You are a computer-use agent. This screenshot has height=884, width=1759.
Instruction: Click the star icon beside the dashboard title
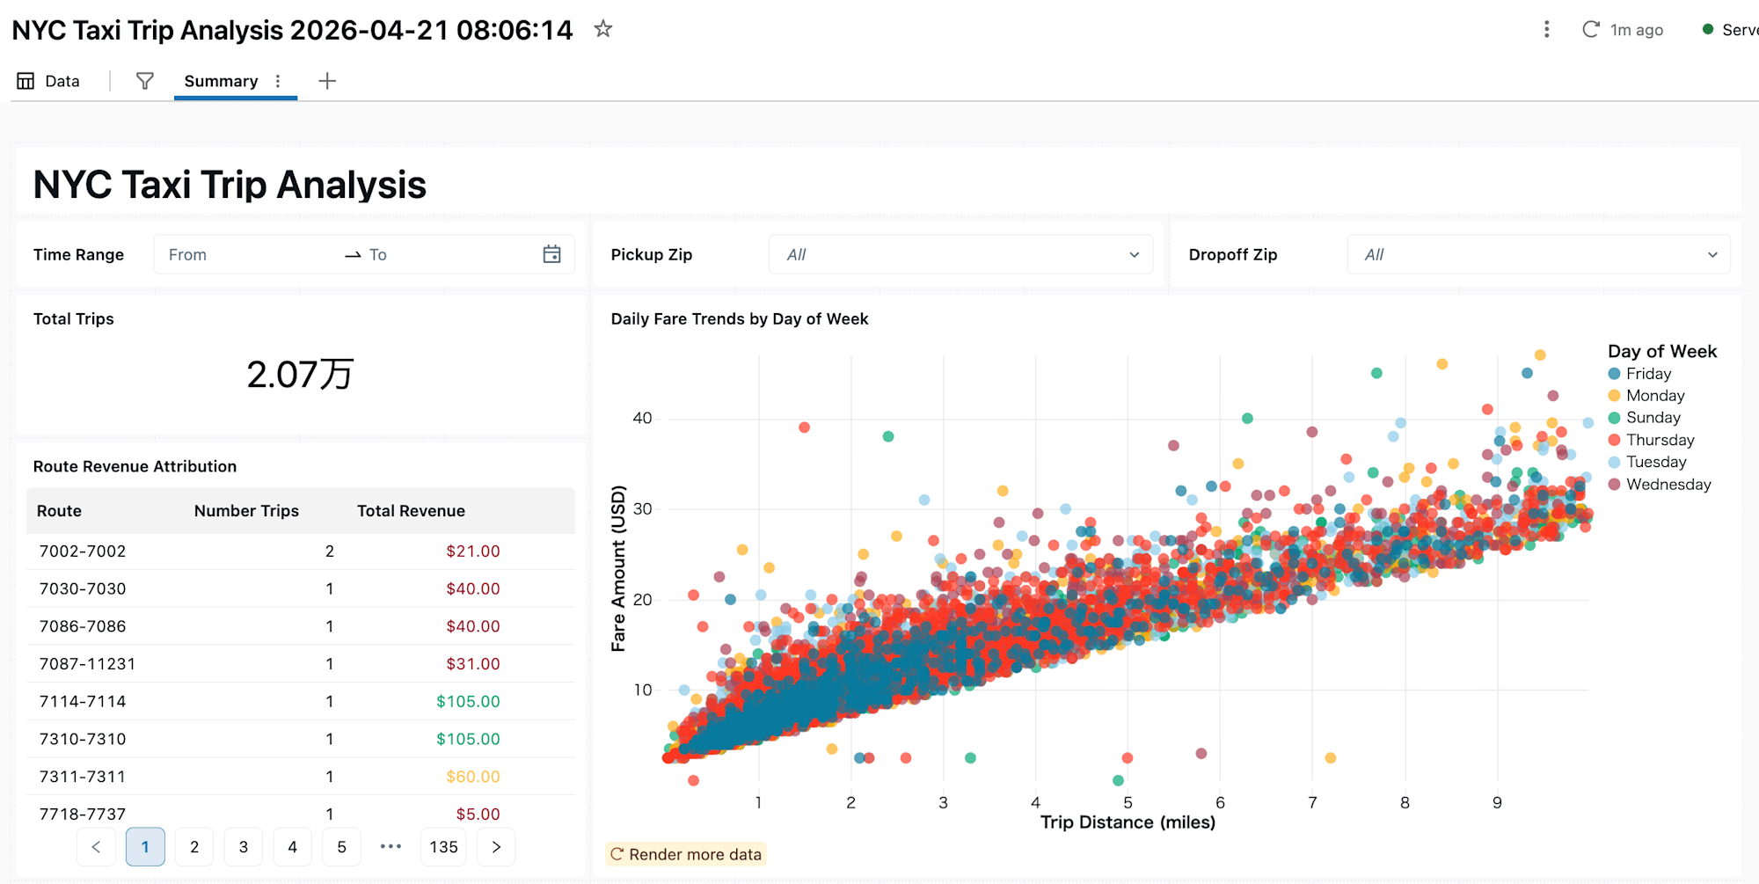602,29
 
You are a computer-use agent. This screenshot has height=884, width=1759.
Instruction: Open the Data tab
49,81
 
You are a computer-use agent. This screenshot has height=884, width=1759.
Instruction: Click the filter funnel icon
145,81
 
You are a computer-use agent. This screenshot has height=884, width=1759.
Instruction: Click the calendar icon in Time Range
551,254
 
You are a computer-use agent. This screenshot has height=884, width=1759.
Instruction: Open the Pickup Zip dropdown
960,254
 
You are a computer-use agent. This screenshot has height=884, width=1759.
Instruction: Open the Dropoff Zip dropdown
1538,254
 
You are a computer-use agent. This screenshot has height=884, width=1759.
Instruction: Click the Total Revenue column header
411,511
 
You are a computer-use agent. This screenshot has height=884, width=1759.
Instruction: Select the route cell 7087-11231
87,664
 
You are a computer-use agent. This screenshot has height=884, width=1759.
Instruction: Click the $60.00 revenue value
472,777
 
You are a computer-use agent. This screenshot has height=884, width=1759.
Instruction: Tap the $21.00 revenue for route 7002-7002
472,552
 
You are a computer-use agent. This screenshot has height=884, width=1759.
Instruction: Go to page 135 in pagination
443,847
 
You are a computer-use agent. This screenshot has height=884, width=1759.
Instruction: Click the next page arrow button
496,847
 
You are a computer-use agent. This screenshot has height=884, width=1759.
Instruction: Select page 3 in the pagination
244,847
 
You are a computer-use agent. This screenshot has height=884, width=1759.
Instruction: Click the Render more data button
686,854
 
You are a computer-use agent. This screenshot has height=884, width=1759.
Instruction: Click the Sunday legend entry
1653,418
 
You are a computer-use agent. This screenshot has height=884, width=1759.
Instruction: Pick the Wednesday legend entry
1668,485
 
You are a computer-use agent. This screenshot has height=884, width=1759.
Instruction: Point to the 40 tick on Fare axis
642,418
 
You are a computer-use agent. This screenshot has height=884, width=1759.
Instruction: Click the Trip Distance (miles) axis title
1128,822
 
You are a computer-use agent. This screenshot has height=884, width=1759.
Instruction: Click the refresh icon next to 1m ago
1590,29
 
